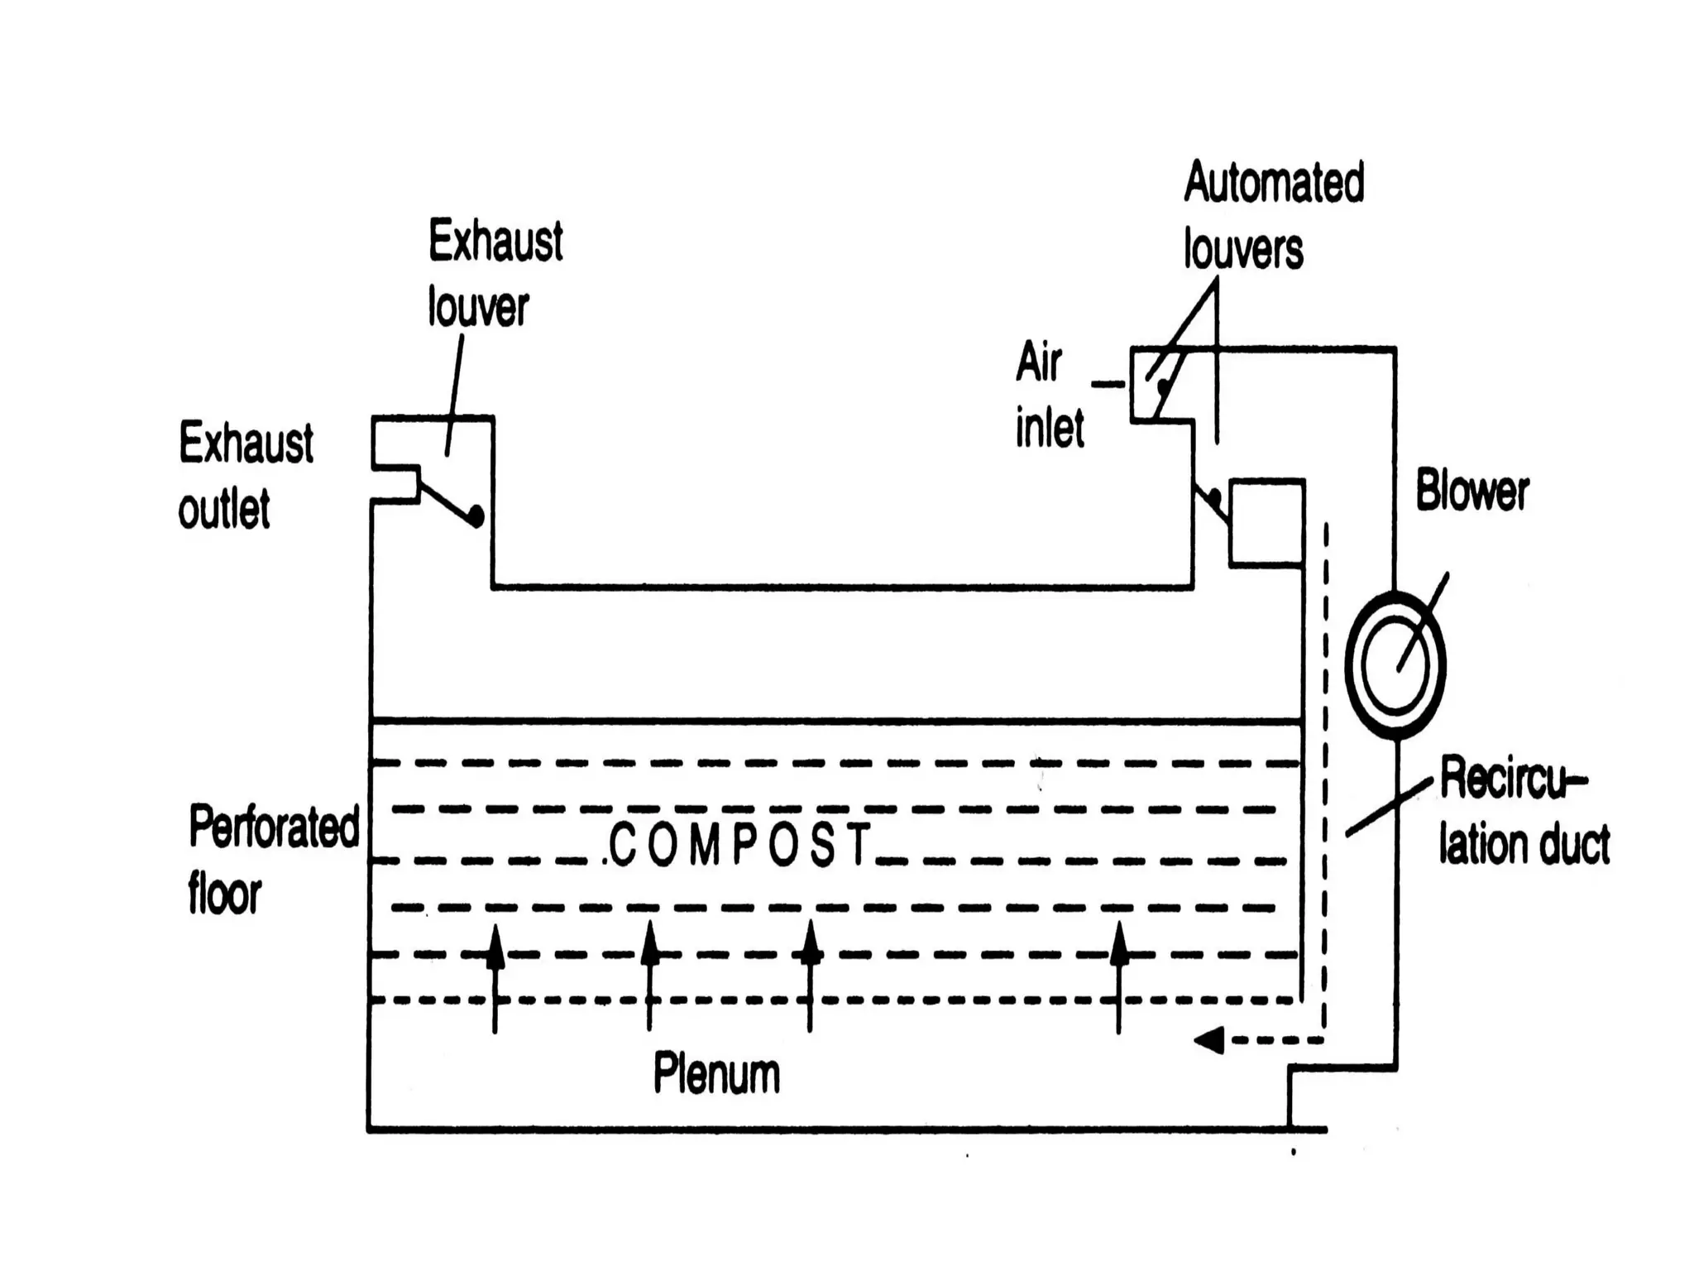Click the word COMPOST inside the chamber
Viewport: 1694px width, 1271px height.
point(739,844)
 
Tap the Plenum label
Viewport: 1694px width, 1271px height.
point(716,1074)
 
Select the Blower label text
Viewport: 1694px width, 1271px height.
point(1471,491)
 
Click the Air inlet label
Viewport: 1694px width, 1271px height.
point(1049,396)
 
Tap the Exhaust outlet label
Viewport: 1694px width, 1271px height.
point(246,475)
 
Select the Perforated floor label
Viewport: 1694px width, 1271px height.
point(273,859)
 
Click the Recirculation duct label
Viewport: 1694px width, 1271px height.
point(1524,811)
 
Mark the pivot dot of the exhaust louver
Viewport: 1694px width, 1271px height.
point(476,516)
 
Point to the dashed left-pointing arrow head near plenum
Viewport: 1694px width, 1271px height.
point(1209,1039)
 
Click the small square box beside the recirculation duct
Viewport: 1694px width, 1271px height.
point(1266,523)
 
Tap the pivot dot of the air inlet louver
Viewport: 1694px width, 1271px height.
point(1164,386)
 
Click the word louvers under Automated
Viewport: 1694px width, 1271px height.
point(1242,249)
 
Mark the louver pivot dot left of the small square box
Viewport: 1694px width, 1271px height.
point(1213,498)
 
